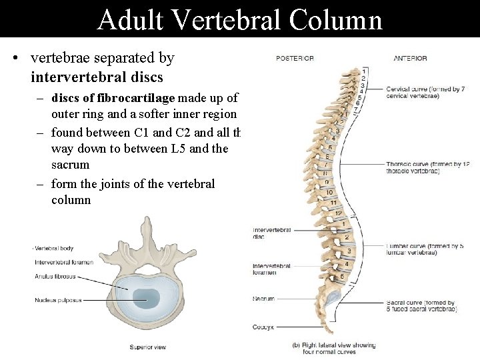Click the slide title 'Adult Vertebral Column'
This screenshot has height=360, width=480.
[x=239, y=19]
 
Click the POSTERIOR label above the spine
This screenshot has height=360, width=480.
[x=295, y=59]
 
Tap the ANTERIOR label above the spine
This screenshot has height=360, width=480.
[x=410, y=59]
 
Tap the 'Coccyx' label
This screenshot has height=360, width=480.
[x=263, y=327]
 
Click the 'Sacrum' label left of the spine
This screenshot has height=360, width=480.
[x=263, y=299]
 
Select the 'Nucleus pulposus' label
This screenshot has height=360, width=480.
[x=58, y=300]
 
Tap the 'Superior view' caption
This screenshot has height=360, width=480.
[x=147, y=347]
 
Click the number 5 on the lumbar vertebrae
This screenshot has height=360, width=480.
[x=342, y=275]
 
